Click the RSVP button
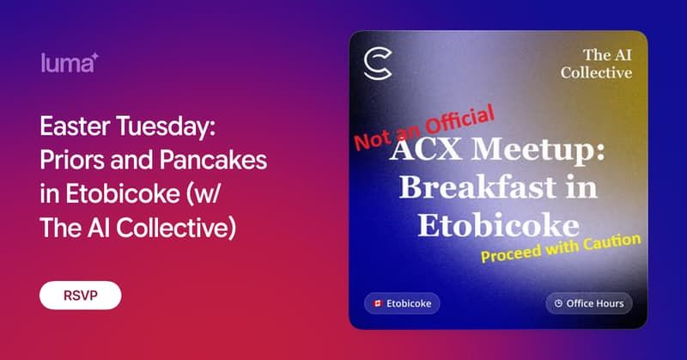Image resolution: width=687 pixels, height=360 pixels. [x=80, y=295]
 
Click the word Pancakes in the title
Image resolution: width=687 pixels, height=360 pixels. [x=216, y=161]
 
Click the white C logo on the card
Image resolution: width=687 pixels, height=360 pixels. [x=377, y=64]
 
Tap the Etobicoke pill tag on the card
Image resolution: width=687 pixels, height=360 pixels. [x=402, y=303]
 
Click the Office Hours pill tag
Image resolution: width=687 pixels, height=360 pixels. [x=589, y=303]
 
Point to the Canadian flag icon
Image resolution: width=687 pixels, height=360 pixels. [x=377, y=303]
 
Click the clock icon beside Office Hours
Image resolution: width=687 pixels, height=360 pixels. [x=558, y=303]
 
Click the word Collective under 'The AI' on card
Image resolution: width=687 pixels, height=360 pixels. [x=596, y=73]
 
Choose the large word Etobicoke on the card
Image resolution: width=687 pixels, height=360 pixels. [x=498, y=224]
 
